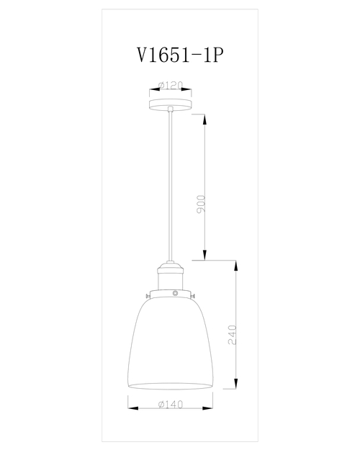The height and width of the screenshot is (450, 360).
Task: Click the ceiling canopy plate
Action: pyautogui.click(x=171, y=105)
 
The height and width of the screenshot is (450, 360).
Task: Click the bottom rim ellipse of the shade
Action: pyautogui.click(x=171, y=387)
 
